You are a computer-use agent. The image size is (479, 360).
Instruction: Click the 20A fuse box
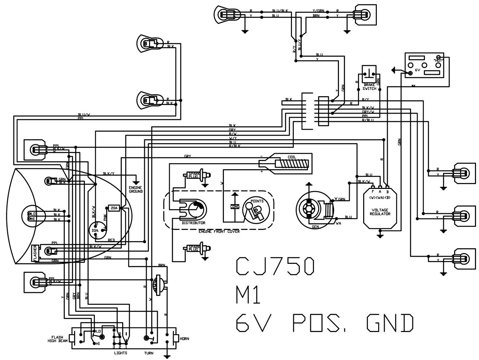coord(114,208)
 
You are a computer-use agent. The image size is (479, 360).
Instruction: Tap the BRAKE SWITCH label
coord(369,86)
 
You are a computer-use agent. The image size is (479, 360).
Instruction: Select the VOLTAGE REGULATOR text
coord(380,212)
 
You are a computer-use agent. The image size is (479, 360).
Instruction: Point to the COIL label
coord(292,157)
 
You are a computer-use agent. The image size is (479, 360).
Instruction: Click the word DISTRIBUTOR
coord(193,223)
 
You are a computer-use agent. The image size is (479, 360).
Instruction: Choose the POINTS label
coord(257,201)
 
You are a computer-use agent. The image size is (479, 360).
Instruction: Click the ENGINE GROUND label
coord(136,189)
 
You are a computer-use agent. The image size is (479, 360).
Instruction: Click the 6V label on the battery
coord(418,70)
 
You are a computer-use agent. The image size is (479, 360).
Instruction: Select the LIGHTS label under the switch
coord(120,353)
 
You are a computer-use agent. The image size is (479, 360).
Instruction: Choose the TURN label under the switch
coord(149,353)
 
